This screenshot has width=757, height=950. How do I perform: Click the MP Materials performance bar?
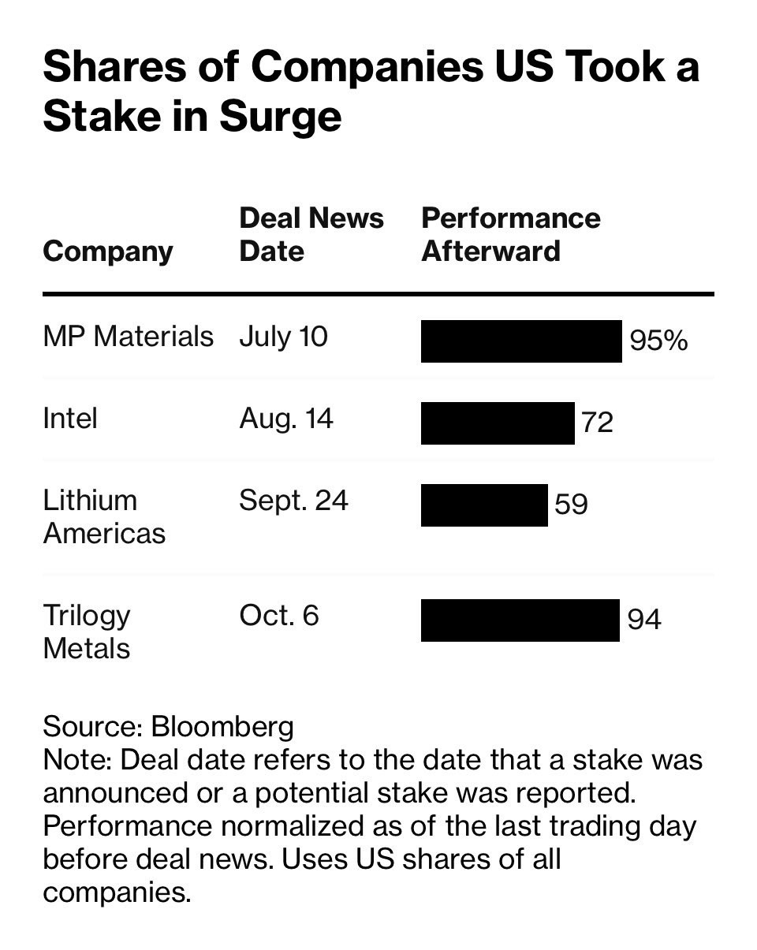tap(520, 341)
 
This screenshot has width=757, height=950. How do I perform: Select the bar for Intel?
tap(497, 423)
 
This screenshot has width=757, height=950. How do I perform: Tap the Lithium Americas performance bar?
tap(483, 505)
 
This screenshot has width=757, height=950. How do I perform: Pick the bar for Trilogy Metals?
tap(520, 620)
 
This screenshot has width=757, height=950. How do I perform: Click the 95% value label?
tap(658, 341)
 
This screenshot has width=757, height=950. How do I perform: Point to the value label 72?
tap(597, 423)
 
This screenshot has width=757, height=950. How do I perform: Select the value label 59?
tap(571, 505)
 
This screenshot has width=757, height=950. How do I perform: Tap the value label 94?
tap(644, 620)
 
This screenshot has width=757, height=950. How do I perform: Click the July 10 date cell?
tap(283, 337)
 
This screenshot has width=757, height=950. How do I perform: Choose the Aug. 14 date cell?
tap(286, 419)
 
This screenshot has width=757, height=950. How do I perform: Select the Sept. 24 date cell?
tap(293, 501)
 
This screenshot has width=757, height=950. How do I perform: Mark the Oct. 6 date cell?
tap(279, 615)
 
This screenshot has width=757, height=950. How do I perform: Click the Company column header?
tap(108, 251)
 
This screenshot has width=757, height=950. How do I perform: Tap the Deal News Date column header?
tap(311, 234)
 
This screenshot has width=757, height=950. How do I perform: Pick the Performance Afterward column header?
tap(511, 234)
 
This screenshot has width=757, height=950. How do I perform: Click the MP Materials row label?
tap(128, 337)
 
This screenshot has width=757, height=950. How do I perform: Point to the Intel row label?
tap(70, 419)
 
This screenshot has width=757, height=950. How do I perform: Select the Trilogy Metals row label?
tap(87, 631)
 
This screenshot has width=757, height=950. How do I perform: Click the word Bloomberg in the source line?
tap(222, 726)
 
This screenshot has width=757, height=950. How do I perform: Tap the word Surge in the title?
tap(280, 115)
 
